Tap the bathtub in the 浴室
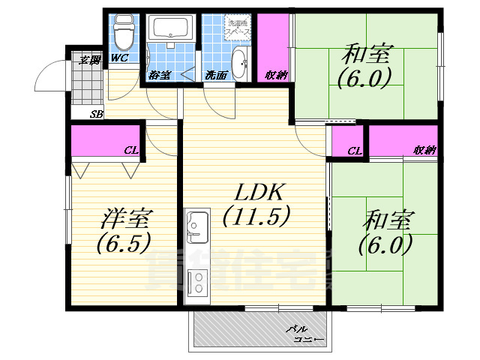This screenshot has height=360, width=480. pyautogui.click(x=172, y=30)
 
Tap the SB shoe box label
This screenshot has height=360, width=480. pyautogui.click(x=96, y=114)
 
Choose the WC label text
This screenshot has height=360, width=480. pyautogui.click(x=120, y=58)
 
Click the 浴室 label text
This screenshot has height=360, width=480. pyautogui.click(x=159, y=75)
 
